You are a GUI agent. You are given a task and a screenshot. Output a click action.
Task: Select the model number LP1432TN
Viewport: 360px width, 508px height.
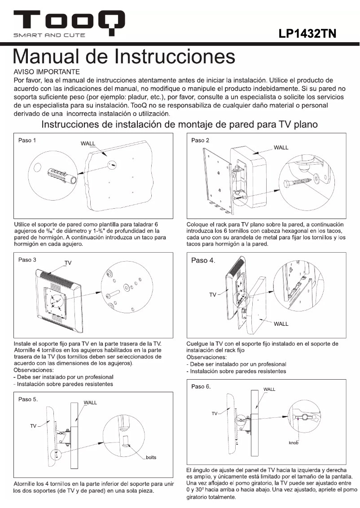coord(308,34)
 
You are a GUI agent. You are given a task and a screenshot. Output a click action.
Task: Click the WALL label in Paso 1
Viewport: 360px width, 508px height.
coord(88,144)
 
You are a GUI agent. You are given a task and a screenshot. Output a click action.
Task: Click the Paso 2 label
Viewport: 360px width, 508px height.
coord(200,140)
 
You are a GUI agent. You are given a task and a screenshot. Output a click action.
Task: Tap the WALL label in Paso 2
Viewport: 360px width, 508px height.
coord(281,148)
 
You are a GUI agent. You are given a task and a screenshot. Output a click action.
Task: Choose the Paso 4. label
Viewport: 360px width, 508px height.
coord(203,261)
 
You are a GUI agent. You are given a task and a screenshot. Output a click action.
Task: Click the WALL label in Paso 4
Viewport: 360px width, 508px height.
coord(281,324)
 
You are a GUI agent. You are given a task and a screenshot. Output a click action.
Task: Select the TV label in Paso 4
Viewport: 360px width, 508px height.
coord(213,294)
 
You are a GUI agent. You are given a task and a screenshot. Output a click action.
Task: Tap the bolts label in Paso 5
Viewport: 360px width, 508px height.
coord(151,457)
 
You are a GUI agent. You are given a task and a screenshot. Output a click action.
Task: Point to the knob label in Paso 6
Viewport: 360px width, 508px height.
coord(294,442)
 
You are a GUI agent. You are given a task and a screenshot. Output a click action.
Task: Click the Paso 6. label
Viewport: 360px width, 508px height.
coord(202,386)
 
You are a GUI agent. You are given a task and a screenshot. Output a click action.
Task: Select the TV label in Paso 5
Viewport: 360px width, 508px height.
coord(33,426)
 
